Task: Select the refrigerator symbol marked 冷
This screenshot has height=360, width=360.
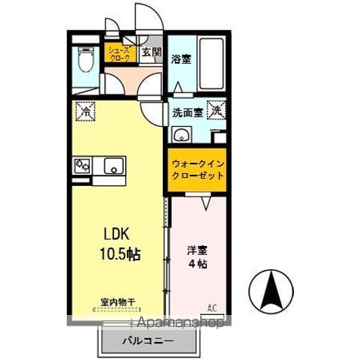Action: point(88,112)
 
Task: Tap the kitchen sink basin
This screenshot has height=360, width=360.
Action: point(114,165)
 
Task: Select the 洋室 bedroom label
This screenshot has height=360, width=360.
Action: point(196,250)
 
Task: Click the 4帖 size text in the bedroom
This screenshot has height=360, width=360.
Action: point(197,265)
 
